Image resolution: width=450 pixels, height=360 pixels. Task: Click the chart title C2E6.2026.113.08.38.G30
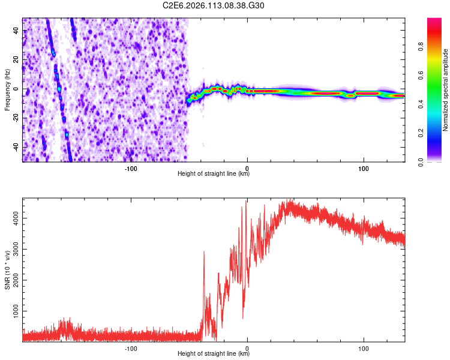coord(214,5)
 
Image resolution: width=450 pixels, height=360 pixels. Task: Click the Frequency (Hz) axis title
coord(7,90)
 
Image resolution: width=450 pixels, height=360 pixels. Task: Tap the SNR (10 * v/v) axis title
coord(7,270)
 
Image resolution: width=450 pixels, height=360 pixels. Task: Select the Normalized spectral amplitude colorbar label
coord(446,90)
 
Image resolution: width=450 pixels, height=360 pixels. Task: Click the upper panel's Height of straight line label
coord(214,174)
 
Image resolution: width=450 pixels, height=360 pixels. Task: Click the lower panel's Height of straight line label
coord(214,354)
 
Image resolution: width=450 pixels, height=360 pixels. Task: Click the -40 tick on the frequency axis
coord(16,148)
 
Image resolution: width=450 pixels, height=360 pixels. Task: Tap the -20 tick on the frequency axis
coord(16,118)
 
